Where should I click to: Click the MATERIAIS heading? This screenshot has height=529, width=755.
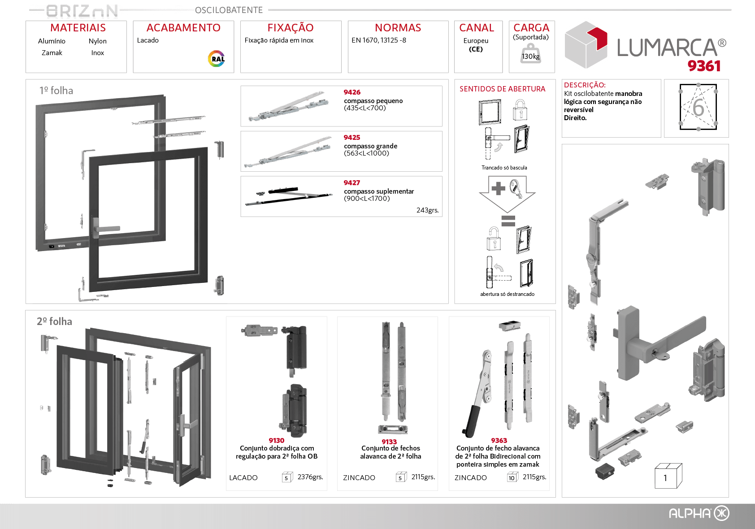pyautogui.click(x=78, y=28)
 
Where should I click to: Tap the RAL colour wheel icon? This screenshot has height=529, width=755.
pyautogui.click(x=217, y=59)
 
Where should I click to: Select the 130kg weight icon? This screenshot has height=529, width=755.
pyautogui.click(x=530, y=54)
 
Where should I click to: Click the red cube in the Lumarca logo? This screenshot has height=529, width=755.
pyautogui.click(x=597, y=38)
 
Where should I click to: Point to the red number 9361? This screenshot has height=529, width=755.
pyautogui.click(x=704, y=66)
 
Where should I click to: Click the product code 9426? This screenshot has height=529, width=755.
pyautogui.click(x=352, y=92)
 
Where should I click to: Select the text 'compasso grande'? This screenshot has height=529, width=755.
pyautogui.click(x=371, y=146)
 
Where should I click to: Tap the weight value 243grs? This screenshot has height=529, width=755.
pyautogui.click(x=427, y=210)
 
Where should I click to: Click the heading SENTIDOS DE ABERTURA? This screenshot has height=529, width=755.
pyautogui.click(x=502, y=89)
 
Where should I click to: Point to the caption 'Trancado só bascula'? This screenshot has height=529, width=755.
pyautogui.click(x=504, y=168)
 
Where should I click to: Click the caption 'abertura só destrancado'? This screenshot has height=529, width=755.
pyautogui.click(x=507, y=294)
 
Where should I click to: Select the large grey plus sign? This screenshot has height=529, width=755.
pyautogui.click(x=498, y=188)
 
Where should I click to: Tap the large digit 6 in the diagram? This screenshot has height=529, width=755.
pyautogui.click(x=698, y=108)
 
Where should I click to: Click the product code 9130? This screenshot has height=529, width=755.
pyautogui.click(x=277, y=441)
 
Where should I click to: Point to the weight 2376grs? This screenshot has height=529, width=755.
pyautogui.click(x=310, y=477)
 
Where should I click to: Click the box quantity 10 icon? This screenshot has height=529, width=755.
pyautogui.click(x=512, y=478)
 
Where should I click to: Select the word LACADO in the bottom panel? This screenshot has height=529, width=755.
pyautogui.click(x=243, y=478)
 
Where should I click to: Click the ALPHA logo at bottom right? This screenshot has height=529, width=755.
pyautogui.click(x=699, y=513)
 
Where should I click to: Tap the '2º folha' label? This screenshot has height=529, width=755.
pyautogui.click(x=54, y=321)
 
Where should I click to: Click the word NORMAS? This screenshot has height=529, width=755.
pyautogui.click(x=398, y=28)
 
